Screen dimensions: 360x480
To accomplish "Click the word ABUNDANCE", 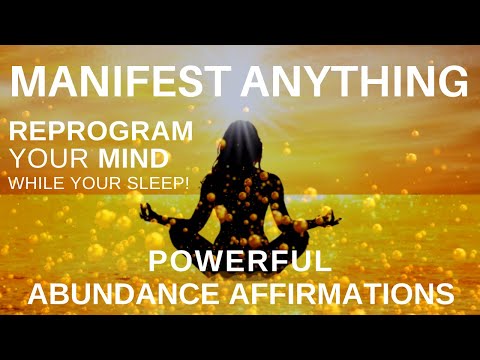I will (x=146, y=295).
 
